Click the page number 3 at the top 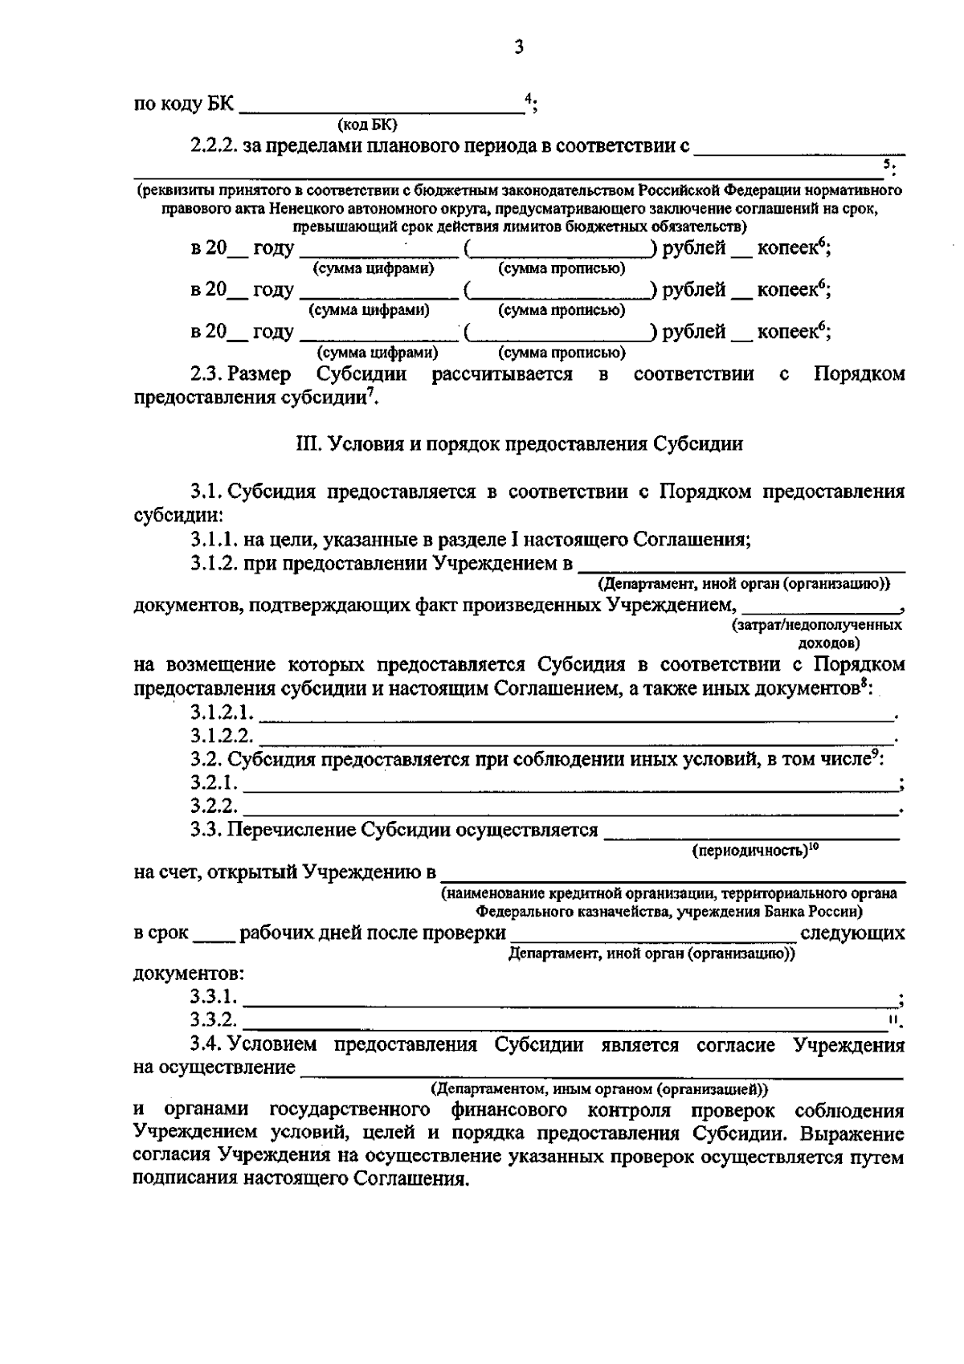tap(518, 48)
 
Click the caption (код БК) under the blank tap(367, 125)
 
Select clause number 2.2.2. tap(214, 146)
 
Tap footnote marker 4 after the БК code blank tap(528, 98)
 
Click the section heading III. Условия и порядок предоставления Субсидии tap(519, 444)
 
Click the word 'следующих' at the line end tap(852, 933)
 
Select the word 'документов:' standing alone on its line tap(189, 974)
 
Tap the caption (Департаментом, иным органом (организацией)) tap(599, 1088)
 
